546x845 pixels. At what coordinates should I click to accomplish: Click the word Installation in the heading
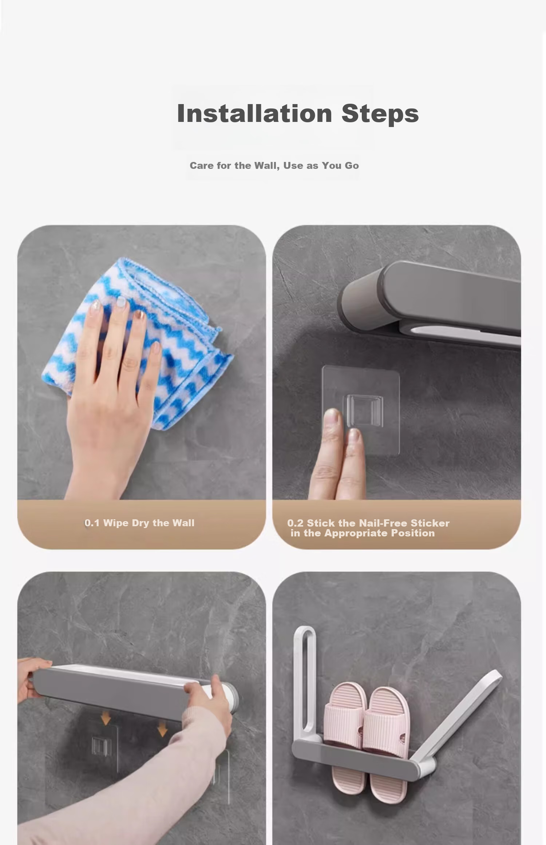click(x=254, y=113)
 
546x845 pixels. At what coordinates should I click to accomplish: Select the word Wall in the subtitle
click(x=267, y=166)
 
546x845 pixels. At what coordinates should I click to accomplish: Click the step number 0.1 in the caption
click(x=92, y=523)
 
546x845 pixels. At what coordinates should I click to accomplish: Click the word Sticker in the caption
click(x=430, y=523)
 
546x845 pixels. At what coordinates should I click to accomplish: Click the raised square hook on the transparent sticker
click(x=363, y=410)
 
